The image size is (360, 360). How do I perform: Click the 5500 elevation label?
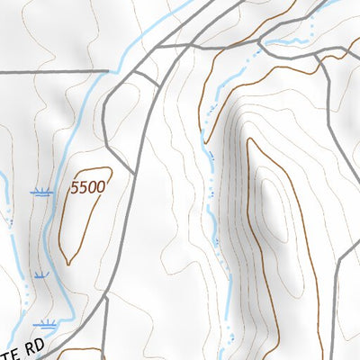tap(88, 187)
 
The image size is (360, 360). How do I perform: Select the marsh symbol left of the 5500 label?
tap(40, 192)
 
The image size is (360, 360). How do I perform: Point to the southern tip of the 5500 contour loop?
tap(67, 264)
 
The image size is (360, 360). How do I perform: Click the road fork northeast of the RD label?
tap(105, 297)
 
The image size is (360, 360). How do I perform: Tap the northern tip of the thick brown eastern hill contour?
tap(251, 139)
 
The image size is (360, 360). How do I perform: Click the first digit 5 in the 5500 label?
tap(76, 187)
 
